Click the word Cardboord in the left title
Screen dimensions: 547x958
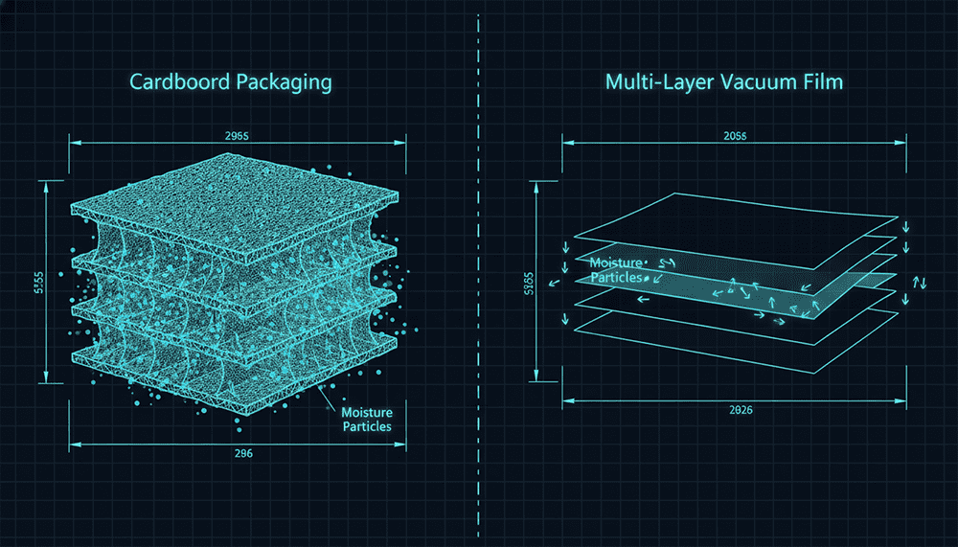pyautogui.click(x=176, y=82)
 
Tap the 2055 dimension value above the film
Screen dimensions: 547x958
pyautogui.click(x=735, y=135)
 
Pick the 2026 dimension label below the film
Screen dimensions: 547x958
pyautogui.click(x=735, y=411)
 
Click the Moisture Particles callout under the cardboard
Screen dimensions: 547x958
pyautogui.click(x=367, y=419)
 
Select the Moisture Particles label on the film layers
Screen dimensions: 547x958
pyautogui.click(x=617, y=270)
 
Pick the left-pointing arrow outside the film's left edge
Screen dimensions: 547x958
pyautogui.click(x=553, y=285)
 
